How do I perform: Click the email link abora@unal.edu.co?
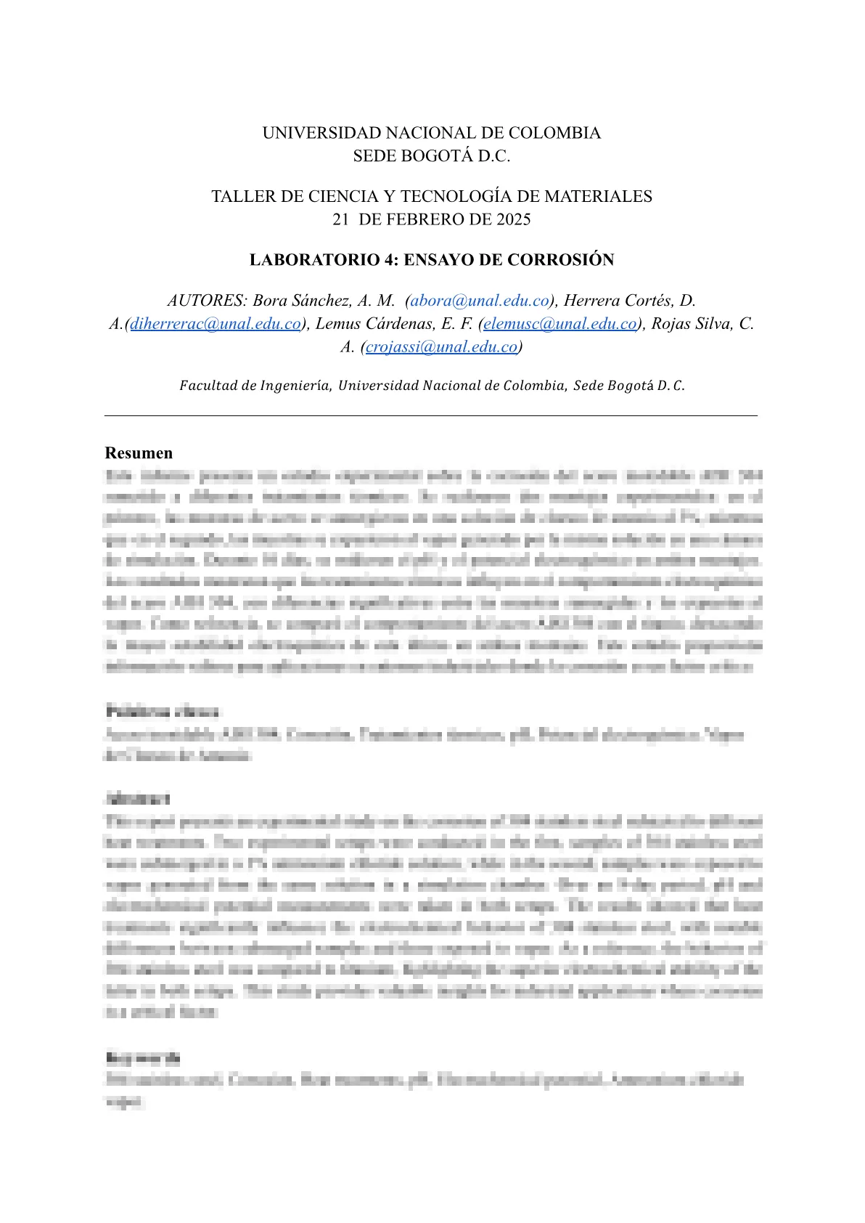point(480,301)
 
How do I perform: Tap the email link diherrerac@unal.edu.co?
point(216,324)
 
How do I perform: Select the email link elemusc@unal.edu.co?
point(560,324)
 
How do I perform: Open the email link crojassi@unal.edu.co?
point(441,347)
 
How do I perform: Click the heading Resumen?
point(139,453)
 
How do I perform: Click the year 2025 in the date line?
point(514,219)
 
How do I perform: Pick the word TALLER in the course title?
point(238,196)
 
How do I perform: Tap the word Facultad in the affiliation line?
point(208,386)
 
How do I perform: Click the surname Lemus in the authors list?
point(338,324)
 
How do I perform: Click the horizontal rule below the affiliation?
point(431,416)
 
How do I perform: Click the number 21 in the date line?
point(341,219)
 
